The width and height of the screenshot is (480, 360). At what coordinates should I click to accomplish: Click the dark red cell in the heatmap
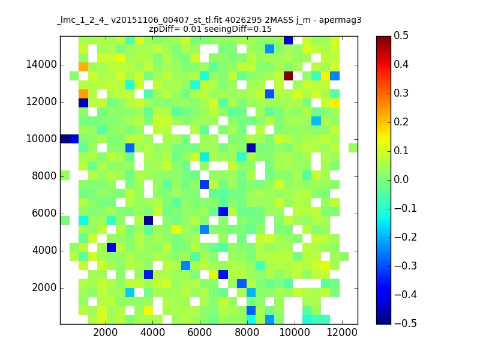pos(288,76)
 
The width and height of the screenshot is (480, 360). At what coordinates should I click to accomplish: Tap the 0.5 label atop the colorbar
pos(401,35)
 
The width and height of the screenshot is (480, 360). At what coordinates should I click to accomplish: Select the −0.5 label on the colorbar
pos(406,323)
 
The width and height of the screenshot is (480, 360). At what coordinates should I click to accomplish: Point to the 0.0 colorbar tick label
pos(401,179)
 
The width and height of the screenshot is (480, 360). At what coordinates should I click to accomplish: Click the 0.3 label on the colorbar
pos(401,93)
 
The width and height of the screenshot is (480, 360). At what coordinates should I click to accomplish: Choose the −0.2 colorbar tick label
pos(406,237)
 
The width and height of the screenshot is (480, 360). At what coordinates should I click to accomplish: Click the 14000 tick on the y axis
pos(41,65)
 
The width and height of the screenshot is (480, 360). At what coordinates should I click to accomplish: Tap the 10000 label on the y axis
pos(41,139)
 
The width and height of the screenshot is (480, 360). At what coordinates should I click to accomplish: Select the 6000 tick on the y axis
pos(44,214)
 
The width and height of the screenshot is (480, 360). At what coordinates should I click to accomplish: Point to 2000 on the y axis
pos(44,288)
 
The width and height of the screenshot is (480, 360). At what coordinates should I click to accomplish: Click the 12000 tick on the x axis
pos(342,332)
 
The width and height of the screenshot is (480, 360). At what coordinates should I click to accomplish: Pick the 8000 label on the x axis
pos(247,332)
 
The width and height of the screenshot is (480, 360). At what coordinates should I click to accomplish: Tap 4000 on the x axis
pos(153,332)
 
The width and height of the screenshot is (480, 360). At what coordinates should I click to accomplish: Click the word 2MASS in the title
pos(278,20)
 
